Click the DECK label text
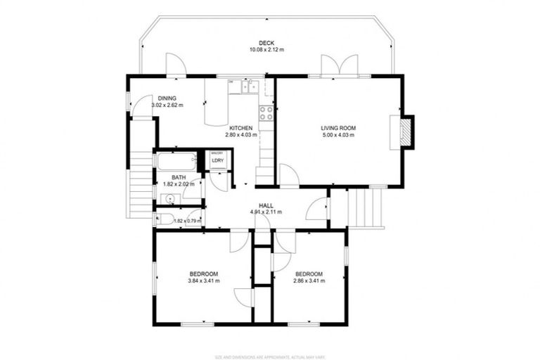click(x=266, y=42)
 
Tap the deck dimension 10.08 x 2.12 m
click(x=266, y=50)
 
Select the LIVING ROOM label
click(x=338, y=128)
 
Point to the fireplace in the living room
click(x=406, y=132)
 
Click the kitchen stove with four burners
click(x=266, y=112)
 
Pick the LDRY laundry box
click(x=218, y=161)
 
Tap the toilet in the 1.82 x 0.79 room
click(x=162, y=219)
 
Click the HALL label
click(x=266, y=205)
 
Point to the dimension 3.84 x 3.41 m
click(x=203, y=281)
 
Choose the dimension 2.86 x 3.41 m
click(x=309, y=281)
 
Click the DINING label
click(x=167, y=98)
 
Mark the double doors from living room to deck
click(x=339, y=65)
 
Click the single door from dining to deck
click(x=176, y=66)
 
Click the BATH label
click(x=179, y=178)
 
